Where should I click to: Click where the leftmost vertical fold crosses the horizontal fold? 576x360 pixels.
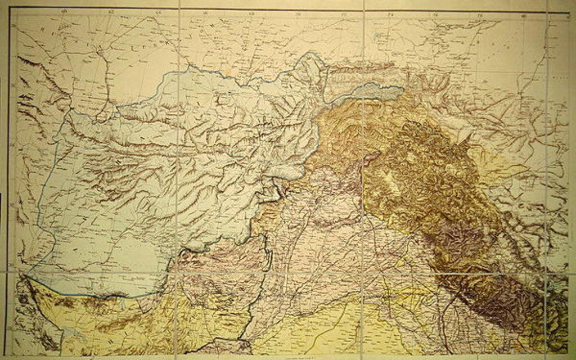[178, 274]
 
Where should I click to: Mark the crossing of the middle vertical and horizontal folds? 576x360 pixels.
[363, 274]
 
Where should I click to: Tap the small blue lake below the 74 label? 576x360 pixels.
[376, 38]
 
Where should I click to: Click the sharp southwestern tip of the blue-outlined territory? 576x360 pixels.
[24, 275]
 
